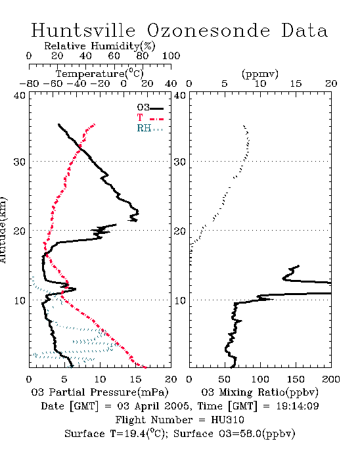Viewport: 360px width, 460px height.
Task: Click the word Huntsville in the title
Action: coord(83,30)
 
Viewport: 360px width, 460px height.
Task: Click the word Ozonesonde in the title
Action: coord(208,30)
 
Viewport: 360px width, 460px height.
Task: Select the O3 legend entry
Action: coord(150,108)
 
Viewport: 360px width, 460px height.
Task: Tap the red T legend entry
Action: coord(150,118)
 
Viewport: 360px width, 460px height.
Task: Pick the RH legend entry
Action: coord(150,128)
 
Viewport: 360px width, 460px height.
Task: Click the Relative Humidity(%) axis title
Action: coord(100,46)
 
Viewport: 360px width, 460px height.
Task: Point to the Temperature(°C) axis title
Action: coord(100,74)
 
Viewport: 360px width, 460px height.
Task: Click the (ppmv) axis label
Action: coord(260,74)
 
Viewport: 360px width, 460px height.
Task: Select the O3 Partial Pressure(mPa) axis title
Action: coord(100,392)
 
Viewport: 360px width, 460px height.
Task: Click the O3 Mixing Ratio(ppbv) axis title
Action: coord(260,392)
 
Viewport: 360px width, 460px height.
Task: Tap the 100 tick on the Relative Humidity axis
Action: coord(171,56)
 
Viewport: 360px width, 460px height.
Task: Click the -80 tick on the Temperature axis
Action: coord(29,83)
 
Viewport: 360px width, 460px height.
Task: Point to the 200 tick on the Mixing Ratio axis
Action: coord(331,379)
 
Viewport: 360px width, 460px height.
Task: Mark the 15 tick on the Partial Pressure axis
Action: coord(135,379)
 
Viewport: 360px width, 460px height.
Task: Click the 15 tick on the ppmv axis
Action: coord(296,83)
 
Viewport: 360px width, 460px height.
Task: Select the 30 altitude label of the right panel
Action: coord(180,162)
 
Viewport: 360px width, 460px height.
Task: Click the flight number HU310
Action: coord(227,420)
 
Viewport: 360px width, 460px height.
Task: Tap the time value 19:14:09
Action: coord(298,406)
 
